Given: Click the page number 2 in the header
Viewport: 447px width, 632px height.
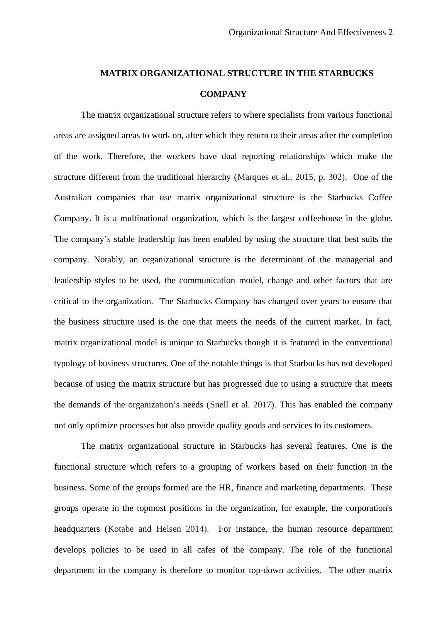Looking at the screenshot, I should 390,32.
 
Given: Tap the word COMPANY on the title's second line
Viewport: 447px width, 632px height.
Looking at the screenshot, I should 223,94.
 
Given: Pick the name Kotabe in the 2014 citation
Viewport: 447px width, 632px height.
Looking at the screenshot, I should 122,529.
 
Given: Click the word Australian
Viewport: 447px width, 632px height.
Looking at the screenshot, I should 73,198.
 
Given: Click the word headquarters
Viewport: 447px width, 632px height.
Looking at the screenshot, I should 77,529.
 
